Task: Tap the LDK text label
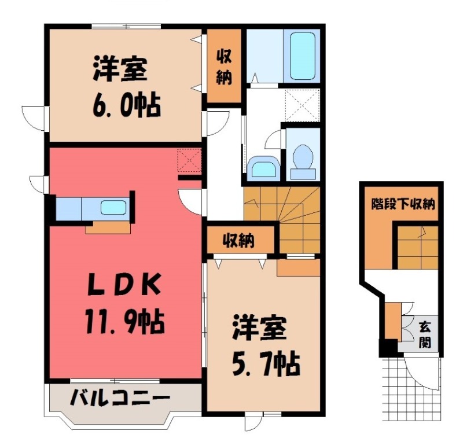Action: pos(122,286)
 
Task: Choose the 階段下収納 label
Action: pos(403,204)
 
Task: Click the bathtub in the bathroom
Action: pos(302,56)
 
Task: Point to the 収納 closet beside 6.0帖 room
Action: pos(225,68)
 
